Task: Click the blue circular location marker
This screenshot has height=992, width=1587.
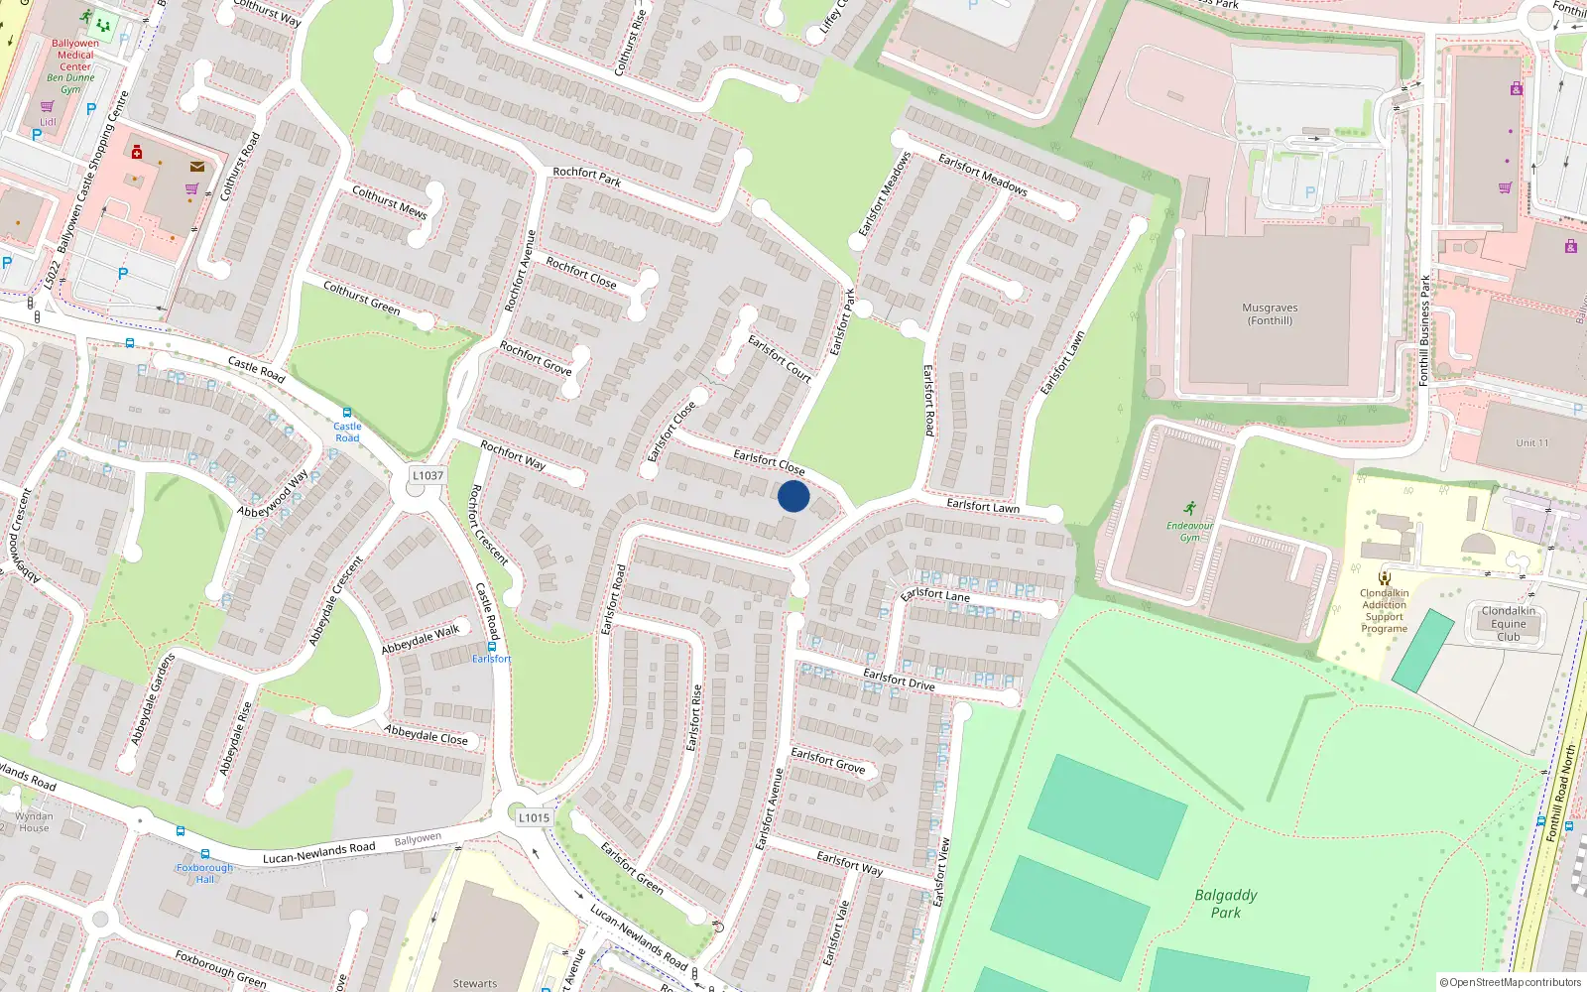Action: (x=793, y=496)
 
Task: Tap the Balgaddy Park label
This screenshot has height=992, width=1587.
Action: (x=1226, y=903)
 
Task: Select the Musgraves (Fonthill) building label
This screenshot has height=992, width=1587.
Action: (x=1270, y=313)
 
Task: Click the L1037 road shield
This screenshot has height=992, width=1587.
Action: (x=427, y=476)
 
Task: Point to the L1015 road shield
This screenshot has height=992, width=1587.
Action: (x=534, y=818)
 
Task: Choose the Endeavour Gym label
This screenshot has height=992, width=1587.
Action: (x=1189, y=532)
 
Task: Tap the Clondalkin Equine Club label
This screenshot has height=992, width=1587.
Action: (x=1508, y=623)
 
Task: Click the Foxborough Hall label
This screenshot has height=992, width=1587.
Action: (x=204, y=873)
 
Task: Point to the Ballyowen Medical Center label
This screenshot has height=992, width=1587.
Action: (x=75, y=56)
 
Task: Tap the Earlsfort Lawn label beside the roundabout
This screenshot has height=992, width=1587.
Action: (x=982, y=506)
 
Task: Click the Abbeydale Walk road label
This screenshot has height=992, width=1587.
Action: (x=421, y=639)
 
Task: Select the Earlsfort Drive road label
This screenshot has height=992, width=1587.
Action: (x=899, y=680)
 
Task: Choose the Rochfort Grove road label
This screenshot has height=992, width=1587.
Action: (x=536, y=358)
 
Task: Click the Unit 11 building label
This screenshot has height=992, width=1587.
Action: (x=1531, y=442)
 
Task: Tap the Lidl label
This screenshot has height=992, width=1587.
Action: (x=48, y=122)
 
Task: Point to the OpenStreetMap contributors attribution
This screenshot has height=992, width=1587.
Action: (x=1511, y=982)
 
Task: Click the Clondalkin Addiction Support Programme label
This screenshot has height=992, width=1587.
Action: (x=1384, y=610)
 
